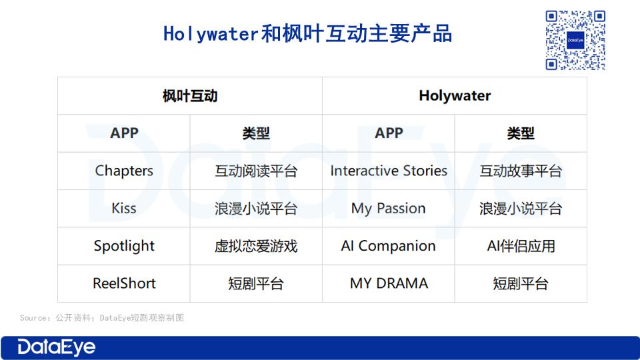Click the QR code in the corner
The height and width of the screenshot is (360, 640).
575,40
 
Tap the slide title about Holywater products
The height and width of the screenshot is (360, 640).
308,33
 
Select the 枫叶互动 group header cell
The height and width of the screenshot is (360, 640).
190,96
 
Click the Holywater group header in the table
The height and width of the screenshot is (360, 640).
455,96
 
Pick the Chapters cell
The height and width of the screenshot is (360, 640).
124,171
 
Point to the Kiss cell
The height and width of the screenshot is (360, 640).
124,208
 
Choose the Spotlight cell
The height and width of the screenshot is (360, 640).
124,246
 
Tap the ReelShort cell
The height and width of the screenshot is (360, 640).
124,283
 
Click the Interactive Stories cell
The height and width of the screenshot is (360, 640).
389,171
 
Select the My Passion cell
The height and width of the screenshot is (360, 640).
389,208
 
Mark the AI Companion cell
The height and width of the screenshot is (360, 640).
389,246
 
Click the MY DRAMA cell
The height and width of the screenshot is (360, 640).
389,283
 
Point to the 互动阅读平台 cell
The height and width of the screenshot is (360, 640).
256,171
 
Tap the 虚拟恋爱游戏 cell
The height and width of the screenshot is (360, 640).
256,246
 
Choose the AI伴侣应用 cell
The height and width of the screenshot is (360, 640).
521,246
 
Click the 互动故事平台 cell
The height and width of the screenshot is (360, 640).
521,171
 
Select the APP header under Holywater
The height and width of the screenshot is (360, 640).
389,133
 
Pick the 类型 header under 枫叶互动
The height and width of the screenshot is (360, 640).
256,133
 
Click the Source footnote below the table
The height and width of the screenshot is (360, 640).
101,317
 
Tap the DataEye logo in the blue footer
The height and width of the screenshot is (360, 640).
56,347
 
